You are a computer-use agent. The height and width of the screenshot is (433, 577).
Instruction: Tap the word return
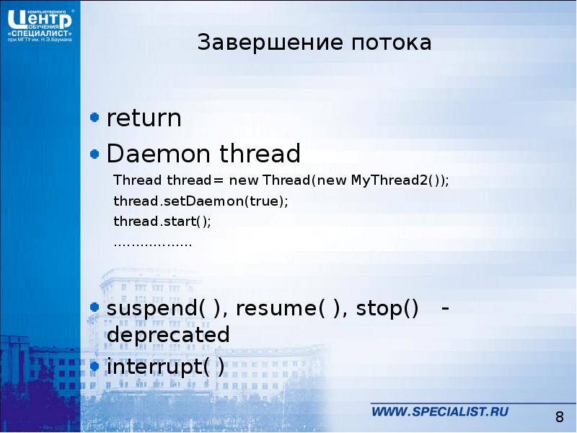coord(144,118)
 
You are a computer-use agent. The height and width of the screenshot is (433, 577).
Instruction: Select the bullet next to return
coord(94,116)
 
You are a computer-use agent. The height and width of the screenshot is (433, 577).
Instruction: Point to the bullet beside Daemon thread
coord(94,152)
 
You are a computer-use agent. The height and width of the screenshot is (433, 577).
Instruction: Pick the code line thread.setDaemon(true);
coord(201,201)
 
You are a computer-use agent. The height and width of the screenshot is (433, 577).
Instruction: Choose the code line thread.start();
coord(162,222)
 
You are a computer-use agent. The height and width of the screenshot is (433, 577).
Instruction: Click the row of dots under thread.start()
coord(153,243)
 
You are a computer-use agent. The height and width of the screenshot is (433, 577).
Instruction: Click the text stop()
coord(389,310)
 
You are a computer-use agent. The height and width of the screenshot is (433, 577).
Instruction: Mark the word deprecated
coord(167,335)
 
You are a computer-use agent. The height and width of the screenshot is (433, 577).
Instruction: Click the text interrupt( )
coord(165,367)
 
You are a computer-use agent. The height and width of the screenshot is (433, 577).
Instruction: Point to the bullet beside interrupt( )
coord(94,365)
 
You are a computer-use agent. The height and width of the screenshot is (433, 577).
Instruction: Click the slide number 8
coord(559,417)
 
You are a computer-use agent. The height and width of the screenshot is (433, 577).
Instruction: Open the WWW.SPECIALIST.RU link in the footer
coord(440,412)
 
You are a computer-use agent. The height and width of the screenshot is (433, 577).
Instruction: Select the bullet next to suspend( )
coord(94,307)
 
